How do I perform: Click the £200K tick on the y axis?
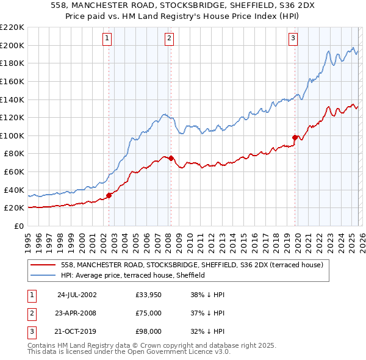click(12, 45)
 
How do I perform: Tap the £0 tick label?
click(20, 226)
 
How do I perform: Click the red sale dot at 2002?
click(109, 195)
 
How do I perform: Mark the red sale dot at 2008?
click(171, 158)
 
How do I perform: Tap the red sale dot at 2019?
click(295, 137)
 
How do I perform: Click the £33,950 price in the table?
click(149, 294)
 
